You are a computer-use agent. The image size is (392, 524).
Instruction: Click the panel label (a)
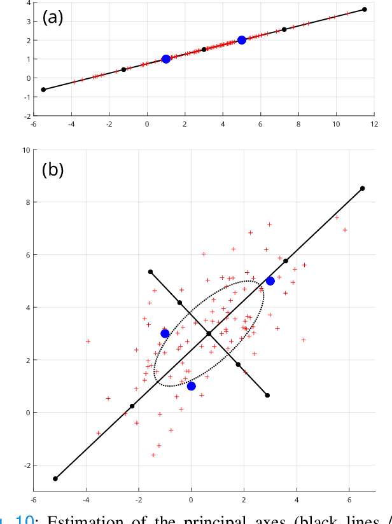pos(53,18)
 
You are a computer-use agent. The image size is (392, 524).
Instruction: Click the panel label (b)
pos(53,170)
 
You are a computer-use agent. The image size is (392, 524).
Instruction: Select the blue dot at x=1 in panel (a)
pos(166,59)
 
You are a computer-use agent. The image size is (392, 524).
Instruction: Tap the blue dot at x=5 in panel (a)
pos(242,40)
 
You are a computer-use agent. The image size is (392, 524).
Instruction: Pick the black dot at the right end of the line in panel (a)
pos(365,10)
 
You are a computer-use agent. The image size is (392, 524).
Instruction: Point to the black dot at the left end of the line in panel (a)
pos(43,90)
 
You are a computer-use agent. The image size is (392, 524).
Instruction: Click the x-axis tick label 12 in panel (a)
pos(374,125)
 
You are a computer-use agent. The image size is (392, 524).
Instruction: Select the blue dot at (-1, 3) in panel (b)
pos(165,333)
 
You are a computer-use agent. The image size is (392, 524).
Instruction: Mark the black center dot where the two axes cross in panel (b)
pos(209,333)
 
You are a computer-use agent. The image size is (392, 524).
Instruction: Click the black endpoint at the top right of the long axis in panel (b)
pos(363,188)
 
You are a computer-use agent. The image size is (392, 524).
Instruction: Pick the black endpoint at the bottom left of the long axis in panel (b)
pos(55,478)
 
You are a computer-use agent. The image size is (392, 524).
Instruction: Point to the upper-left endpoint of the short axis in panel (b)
pos(150,272)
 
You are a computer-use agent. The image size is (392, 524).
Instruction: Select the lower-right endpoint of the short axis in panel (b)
pos(267,396)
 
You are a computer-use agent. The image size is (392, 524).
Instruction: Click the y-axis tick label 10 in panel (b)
pos(25,150)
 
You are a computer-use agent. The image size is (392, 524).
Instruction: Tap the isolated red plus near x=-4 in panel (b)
pos(88,341)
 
